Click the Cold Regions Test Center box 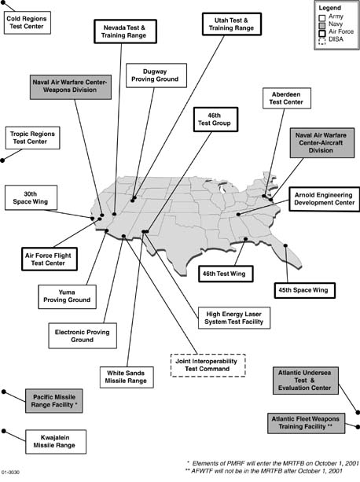(28, 23)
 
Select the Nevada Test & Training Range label (125, 31)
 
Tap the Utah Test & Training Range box (232, 24)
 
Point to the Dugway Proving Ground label (156, 75)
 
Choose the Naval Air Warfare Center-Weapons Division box (71, 86)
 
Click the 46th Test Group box (215, 120)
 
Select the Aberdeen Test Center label (287, 98)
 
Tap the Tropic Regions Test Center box (32, 138)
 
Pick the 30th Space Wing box (31, 197)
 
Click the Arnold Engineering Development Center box (325, 199)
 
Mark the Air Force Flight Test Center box (50, 259)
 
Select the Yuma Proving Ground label (67, 296)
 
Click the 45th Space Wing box (305, 290)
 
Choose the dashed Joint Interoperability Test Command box (208, 365)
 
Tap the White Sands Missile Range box (127, 377)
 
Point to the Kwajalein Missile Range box (56, 442)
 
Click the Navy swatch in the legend (322, 25)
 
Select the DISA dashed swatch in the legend (322, 40)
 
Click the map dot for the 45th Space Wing (285, 245)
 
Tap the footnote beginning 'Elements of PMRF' (273, 463)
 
